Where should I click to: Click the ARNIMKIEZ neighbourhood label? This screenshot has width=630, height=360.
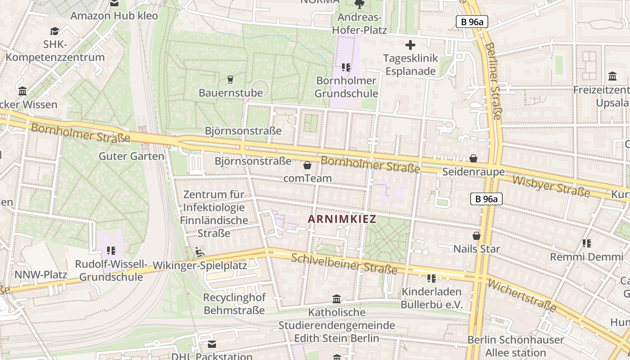(342, 219)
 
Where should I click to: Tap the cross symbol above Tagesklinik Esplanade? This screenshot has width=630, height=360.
(410, 45)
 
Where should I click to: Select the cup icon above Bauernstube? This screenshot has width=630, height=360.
(230, 80)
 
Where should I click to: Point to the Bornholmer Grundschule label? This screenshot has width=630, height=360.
(346, 87)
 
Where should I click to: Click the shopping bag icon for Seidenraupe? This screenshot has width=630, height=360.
(473, 158)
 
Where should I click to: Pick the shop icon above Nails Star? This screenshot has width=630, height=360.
(477, 236)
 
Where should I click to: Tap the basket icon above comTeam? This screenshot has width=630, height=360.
(307, 165)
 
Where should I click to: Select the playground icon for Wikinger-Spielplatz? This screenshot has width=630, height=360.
(199, 252)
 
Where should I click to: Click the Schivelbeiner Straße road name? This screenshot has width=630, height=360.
(344, 264)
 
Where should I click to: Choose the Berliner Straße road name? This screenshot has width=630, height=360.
(493, 81)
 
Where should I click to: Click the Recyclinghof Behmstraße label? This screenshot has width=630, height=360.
(234, 304)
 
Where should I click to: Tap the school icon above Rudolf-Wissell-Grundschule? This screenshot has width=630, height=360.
(111, 250)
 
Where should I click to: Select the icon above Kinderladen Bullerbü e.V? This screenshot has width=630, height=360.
(432, 279)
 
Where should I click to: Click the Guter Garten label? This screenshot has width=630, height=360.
(131, 156)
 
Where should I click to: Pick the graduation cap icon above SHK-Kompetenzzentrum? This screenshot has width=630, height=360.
(55, 31)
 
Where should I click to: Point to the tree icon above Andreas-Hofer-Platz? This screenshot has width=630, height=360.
(359, 4)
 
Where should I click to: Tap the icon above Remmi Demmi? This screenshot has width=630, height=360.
(586, 243)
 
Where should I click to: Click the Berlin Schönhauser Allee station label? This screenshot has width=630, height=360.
(516, 346)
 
